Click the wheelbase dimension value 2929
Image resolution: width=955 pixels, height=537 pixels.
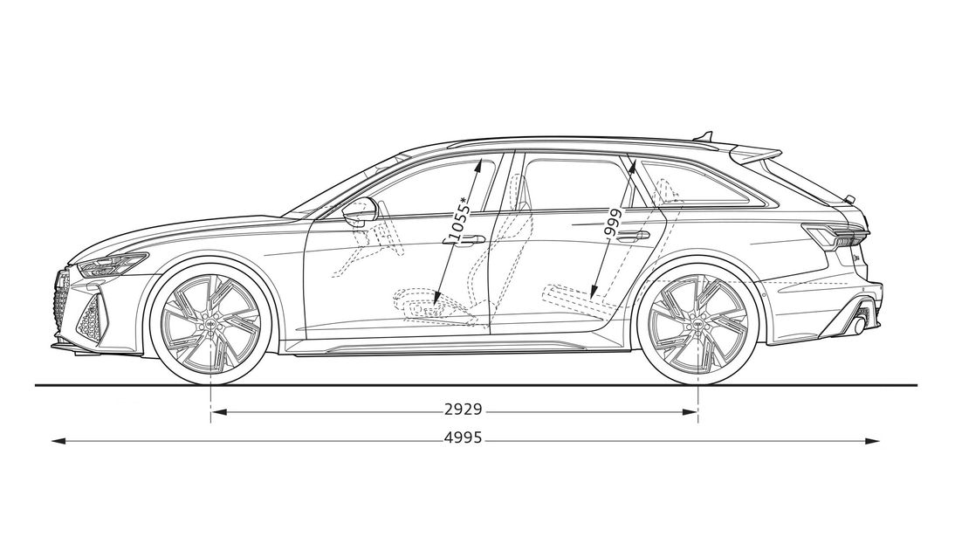tap(463, 410)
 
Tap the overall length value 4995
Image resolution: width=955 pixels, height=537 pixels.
tap(463, 437)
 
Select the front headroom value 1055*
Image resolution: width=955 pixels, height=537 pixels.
tap(458, 218)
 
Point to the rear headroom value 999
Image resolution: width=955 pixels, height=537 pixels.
tap(612, 222)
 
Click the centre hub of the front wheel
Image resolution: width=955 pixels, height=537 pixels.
tap(210, 324)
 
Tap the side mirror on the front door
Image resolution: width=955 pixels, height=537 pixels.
tap(360, 211)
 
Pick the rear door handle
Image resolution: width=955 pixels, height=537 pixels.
tap(634, 235)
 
